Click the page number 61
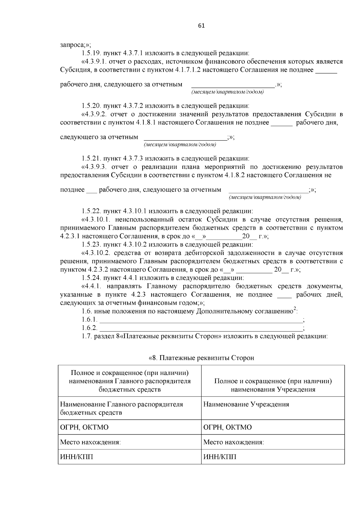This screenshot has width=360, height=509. pyautogui.click(x=201, y=26)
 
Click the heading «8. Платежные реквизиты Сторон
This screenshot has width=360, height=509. pyautogui.click(x=201, y=358)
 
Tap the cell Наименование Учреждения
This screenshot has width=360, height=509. pyautogui.click(x=246, y=404)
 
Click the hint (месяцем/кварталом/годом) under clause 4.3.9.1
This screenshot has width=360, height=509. pyautogui.click(x=227, y=92)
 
